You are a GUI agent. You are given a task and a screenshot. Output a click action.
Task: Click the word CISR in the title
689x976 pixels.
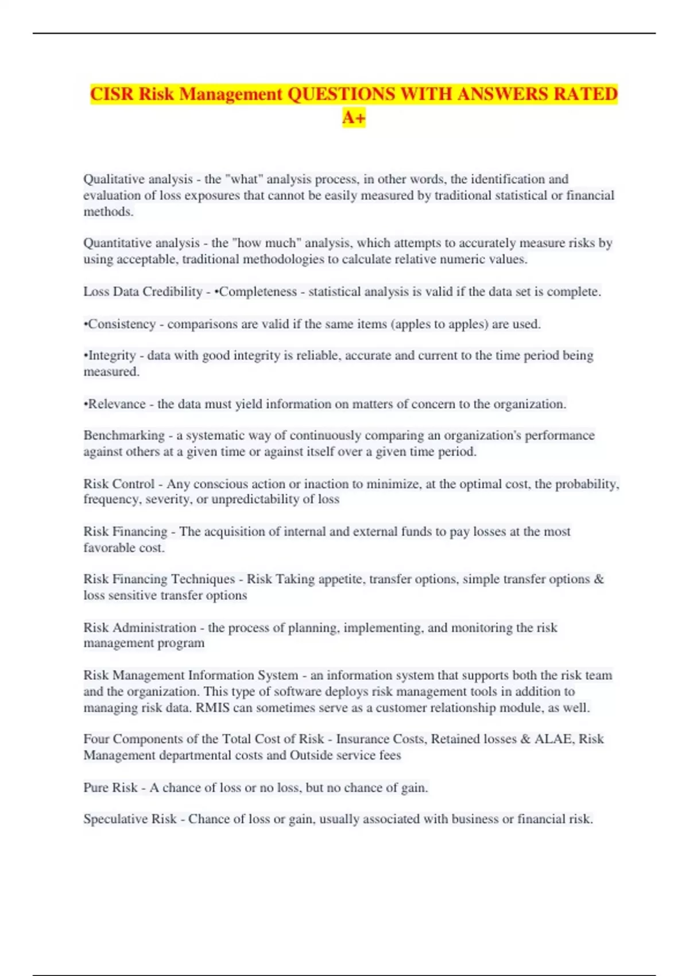(x=112, y=94)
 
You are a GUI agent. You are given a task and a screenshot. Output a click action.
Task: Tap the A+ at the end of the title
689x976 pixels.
(x=354, y=117)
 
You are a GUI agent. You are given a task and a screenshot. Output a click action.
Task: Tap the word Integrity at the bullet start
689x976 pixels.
(x=112, y=355)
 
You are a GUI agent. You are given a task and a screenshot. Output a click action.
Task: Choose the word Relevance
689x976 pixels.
(x=117, y=404)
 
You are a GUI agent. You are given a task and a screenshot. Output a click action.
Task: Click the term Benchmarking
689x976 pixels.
(x=124, y=435)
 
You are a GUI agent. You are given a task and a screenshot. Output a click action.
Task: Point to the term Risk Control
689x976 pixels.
(x=119, y=484)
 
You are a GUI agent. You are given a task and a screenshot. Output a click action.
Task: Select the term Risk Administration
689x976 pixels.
(x=140, y=628)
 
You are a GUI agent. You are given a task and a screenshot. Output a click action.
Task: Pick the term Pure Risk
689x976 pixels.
(x=110, y=788)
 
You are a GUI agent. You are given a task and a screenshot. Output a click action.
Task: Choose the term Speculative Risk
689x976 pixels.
(x=130, y=819)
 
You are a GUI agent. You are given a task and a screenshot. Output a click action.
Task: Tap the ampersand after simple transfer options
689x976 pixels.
(x=599, y=579)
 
